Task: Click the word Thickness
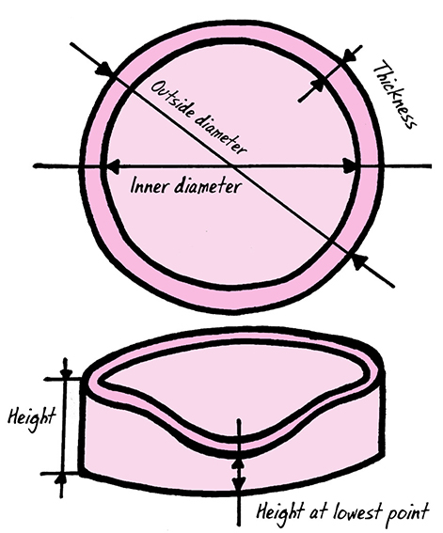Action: click(394, 95)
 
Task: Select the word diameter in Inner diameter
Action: click(207, 186)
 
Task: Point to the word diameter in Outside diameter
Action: click(221, 134)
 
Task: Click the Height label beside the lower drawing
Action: click(31, 417)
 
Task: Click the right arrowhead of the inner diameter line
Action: click(350, 166)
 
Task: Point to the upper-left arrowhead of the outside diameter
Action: click(104, 71)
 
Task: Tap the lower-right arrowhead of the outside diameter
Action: click(357, 260)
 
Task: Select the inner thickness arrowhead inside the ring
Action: click(320, 84)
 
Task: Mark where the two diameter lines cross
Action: click(234, 166)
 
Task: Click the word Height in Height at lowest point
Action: click(279, 512)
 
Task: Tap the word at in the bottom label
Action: click(318, 512)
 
